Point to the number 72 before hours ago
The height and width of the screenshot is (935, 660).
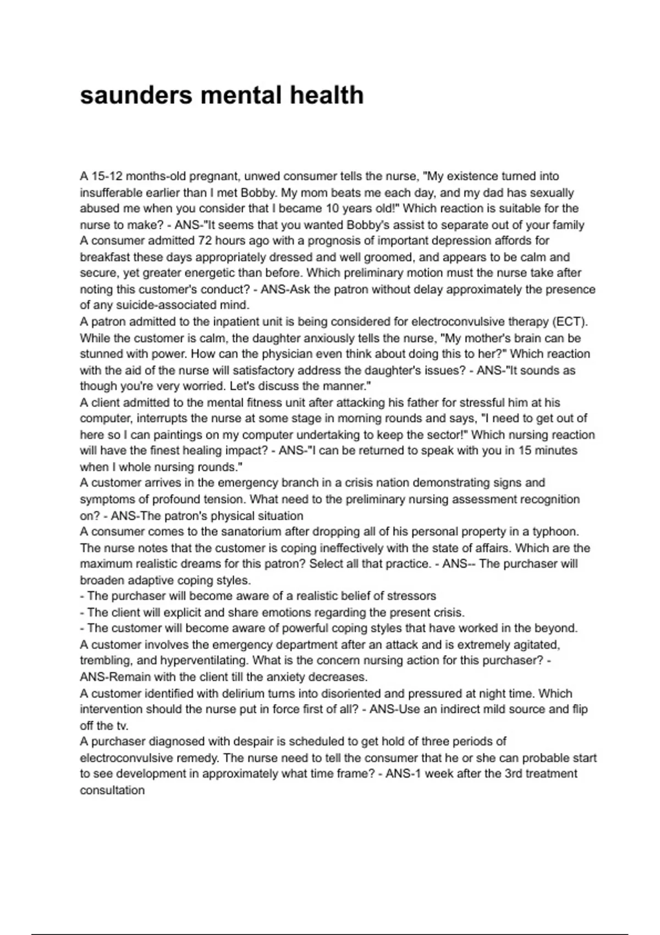(205, 241)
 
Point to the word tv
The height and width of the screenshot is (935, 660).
(121, 726)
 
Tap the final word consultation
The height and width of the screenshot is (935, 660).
(112, 791)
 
